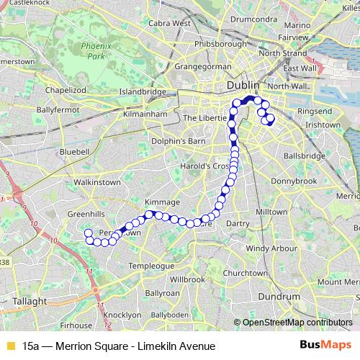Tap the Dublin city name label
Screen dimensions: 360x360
click(x=243, y=86)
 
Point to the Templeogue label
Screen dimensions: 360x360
click(x=151, y=266)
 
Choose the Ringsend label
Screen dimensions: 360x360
click(x=315, y=112)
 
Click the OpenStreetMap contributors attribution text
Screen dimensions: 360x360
click(x=297, y=323)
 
